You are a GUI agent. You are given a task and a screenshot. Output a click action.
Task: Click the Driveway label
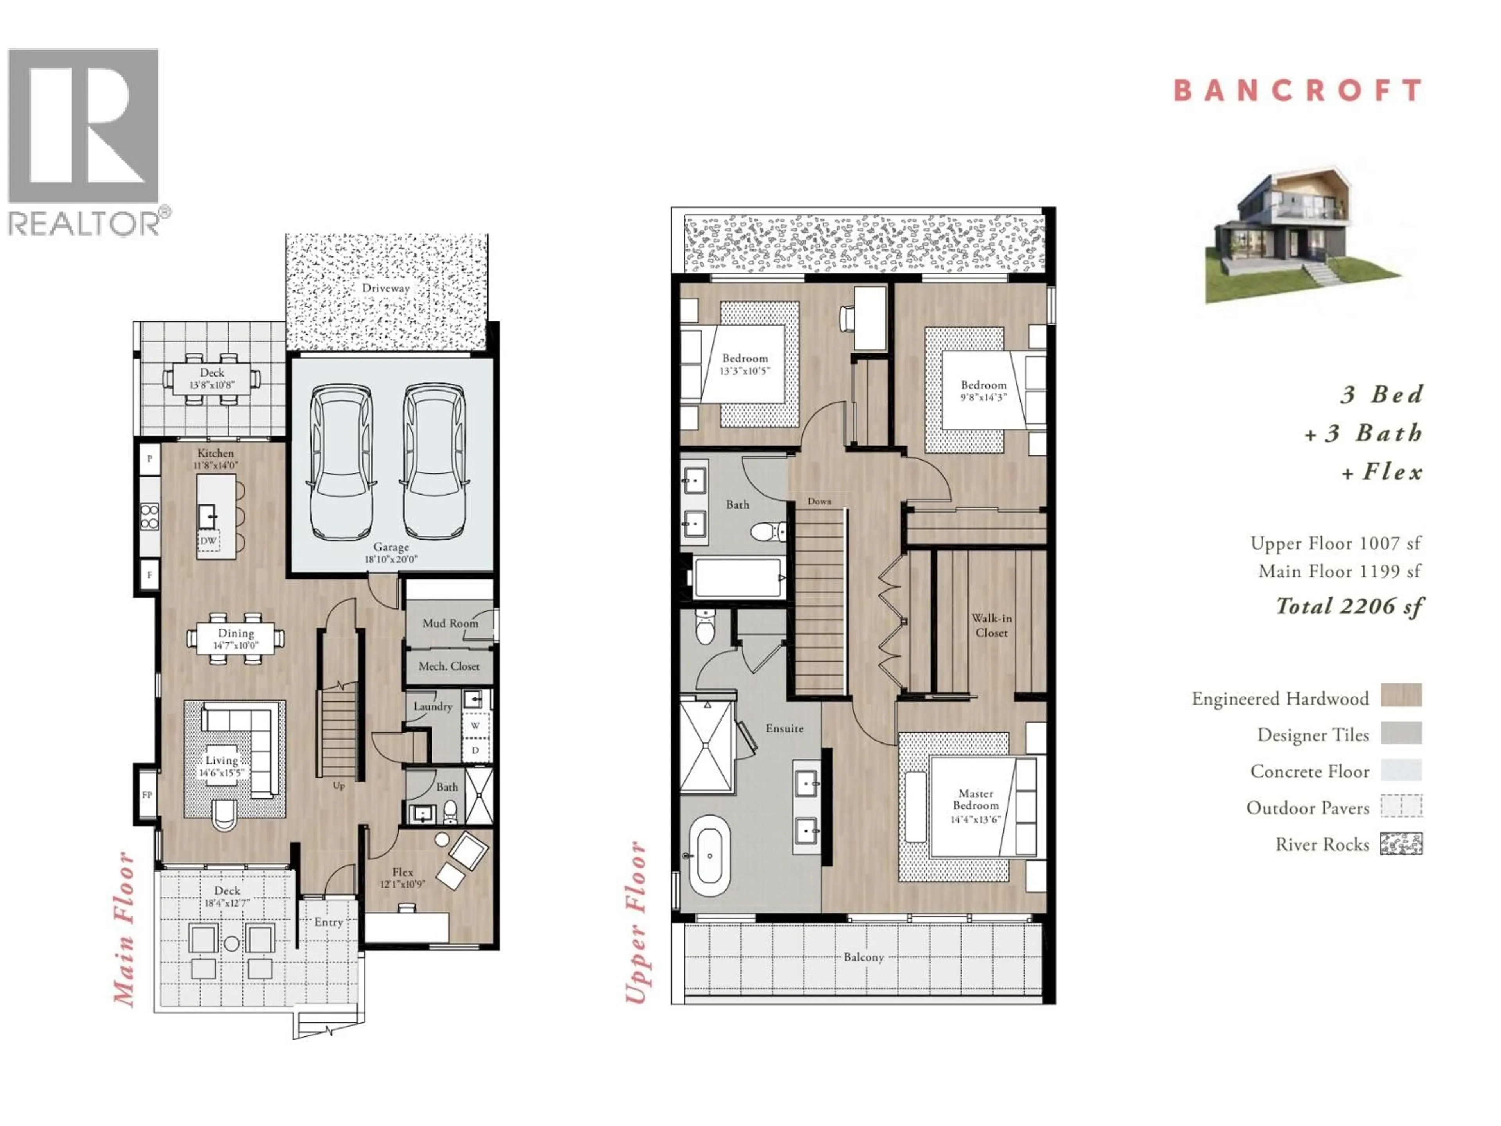pos(385,288)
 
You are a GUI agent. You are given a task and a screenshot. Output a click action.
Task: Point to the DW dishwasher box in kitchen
pos(208,541)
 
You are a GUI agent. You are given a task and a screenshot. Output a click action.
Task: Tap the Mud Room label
pos(450,623)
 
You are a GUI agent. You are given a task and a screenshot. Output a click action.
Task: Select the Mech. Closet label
pos(448,667)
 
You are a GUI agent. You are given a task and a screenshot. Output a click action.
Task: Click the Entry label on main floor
pos(328,922)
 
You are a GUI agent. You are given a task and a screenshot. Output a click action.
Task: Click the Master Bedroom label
pos(976,800)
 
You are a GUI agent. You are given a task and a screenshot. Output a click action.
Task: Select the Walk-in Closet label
pos(991,625)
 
